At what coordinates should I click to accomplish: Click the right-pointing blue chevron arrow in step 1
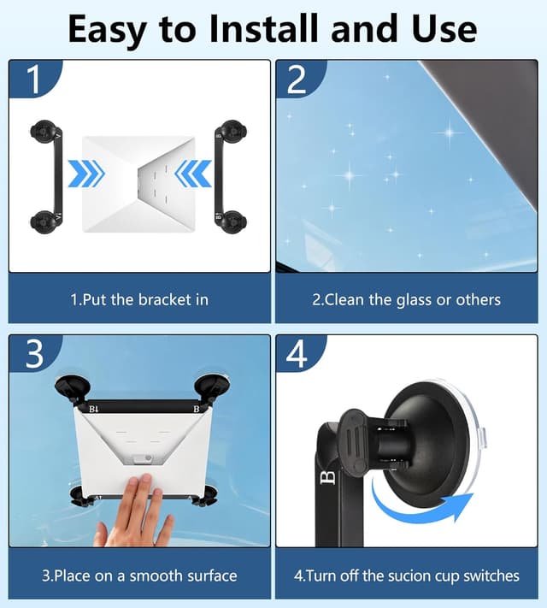(x=86, y=174)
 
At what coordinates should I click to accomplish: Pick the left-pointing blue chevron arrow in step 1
(x=193, y=174)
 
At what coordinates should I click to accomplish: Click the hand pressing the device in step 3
(x=136, y=511)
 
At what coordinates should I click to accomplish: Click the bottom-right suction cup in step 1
(x=232, y=221)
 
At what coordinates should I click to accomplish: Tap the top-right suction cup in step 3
(x=212, y=387)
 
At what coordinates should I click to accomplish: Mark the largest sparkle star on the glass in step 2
(x=450, y=132)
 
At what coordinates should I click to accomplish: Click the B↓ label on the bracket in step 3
(x=94, y=409)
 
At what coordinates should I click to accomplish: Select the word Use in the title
(x=444, y=28)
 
